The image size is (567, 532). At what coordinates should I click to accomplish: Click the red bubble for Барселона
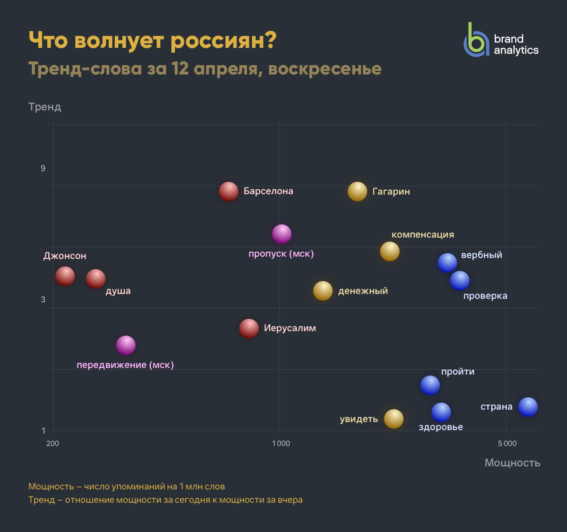[229, 192]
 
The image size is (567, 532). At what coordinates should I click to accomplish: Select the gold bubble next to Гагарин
[357, 192]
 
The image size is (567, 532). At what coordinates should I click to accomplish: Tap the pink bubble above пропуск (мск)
[282, 234]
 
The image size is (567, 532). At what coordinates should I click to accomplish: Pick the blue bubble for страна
[528, 407]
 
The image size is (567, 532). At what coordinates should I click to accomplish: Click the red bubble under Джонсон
[65, 276]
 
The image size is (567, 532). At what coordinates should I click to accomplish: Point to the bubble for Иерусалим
[249, 328]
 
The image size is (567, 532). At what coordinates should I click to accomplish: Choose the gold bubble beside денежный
[323, 291]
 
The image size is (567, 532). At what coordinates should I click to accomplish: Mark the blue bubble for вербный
[447, 262]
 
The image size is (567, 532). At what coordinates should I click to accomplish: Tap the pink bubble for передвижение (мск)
[126, 345]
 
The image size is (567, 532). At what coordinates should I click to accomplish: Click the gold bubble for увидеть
[394, 419]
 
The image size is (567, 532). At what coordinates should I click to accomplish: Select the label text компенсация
[423, 235]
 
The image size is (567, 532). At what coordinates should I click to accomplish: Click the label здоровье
[441, 427]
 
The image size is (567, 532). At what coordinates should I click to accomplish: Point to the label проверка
[485, 296]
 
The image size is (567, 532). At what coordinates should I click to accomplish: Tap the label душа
[118, 291]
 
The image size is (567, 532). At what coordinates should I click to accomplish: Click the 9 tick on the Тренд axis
[43, 168]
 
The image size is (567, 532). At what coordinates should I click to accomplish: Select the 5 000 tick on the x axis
[507, 443]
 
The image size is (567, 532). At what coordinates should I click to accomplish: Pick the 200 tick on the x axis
[53, 443]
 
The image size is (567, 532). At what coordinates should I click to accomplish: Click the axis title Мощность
[512, 463]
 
